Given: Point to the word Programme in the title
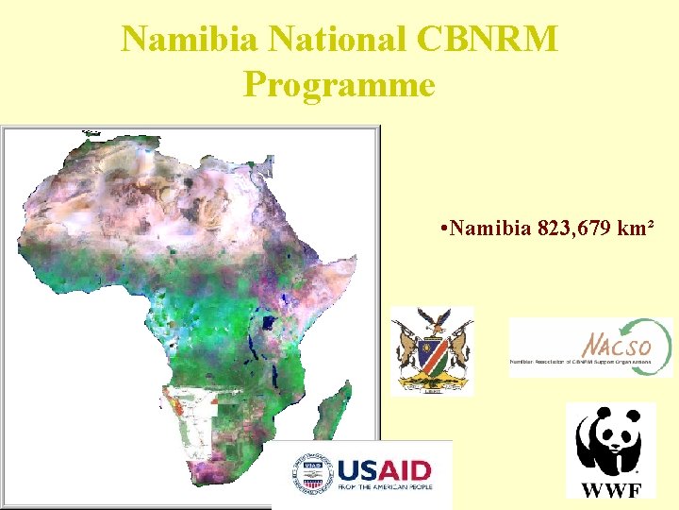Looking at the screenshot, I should pyautogui.click(x=339, y=85).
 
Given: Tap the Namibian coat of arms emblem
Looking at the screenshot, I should pyautogui.click(x=433, y=349).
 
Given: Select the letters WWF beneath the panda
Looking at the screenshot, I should pyautogui.click(x=610, y=489).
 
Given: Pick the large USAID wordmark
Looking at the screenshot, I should pyautogui.click(x=384, y=469).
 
